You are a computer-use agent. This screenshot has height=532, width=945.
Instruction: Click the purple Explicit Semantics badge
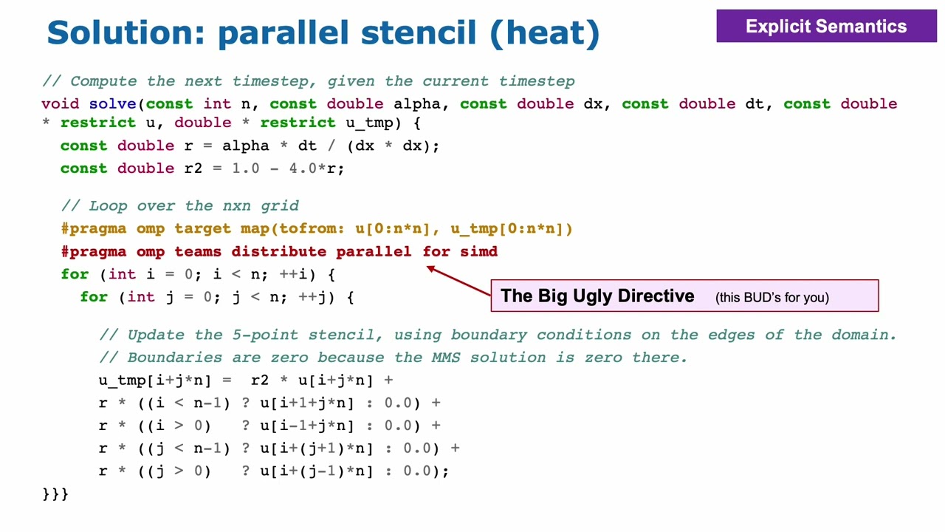coord(826,27)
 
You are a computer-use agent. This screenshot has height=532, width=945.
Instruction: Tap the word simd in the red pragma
coord(479,252)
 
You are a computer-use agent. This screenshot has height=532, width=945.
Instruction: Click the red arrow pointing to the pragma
coord(458,280)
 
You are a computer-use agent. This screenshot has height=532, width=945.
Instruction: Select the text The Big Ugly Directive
coord(597,296)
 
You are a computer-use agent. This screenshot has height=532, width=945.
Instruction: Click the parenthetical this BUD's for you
coord(772,298)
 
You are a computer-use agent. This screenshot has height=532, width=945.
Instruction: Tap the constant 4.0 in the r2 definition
coord(303,168)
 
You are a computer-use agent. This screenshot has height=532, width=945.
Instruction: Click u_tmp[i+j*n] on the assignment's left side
coord(155,381)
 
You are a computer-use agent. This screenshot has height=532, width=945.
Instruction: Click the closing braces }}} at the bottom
coord(55,494)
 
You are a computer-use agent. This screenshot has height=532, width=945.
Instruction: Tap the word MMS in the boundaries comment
coord(447,358)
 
